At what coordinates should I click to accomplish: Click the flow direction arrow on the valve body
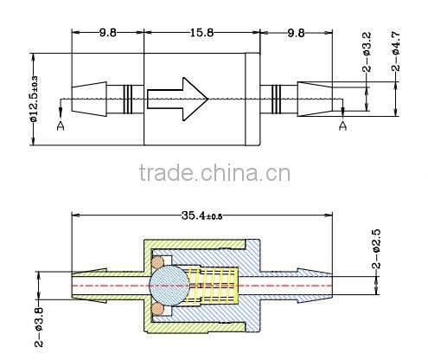(178, 98)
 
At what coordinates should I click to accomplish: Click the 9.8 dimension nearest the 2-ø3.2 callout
(294, 34)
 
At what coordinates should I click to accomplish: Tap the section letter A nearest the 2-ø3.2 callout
(342, 126)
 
